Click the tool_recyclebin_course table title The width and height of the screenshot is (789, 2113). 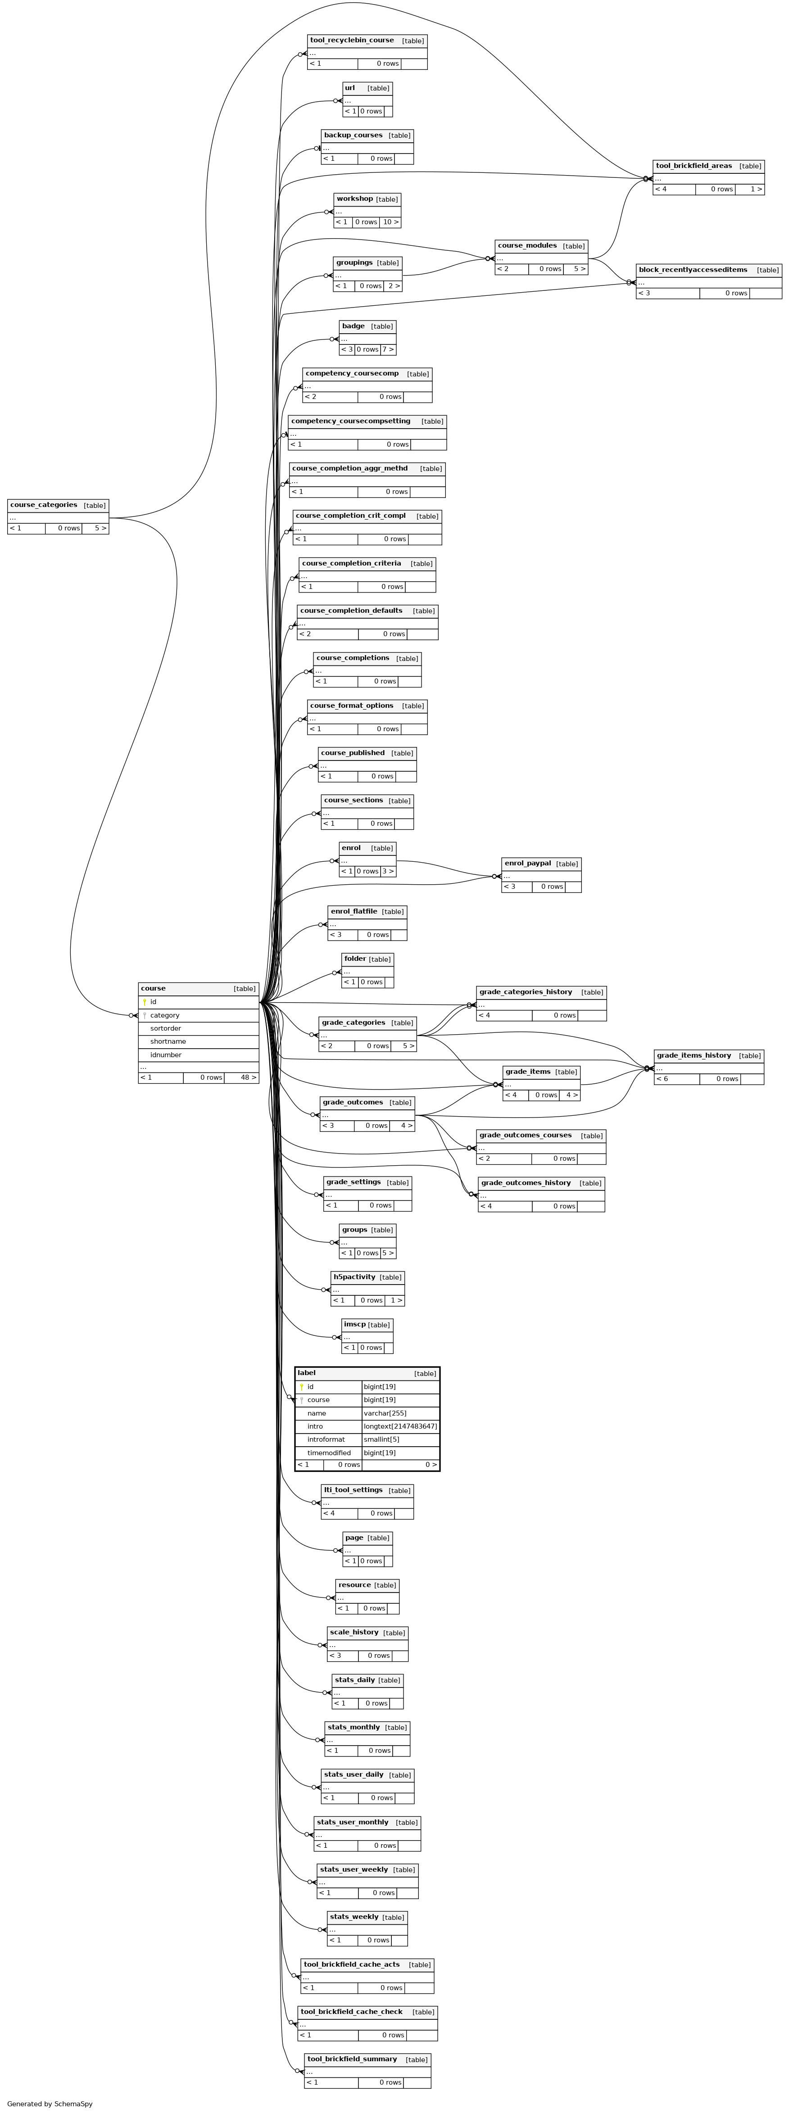(x=352, y=40)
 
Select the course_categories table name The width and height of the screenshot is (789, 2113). (x=44, y=505)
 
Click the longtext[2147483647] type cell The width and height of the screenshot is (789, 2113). (x=400, y=1426)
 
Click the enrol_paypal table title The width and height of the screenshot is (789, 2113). (x=527, y=864)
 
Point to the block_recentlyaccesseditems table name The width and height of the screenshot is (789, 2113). (x=693, y=270)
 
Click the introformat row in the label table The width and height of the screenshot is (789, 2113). (x=367, y=1439)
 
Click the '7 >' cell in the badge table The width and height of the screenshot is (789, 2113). (x=388, y=349)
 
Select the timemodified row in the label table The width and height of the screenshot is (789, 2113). (x=367, y=1452)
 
